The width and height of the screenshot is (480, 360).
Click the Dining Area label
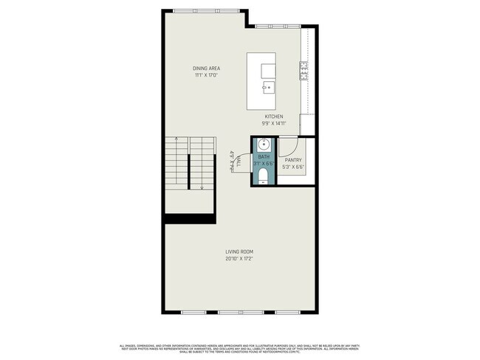(x=208, y=69)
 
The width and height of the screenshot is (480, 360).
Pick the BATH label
(x=264, y=156)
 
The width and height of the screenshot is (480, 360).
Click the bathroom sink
(x=263, y=144)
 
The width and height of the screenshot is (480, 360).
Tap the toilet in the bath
(x=263, y=176)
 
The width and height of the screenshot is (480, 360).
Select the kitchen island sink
(x=267, y=87)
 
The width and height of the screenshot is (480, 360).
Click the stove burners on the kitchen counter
(x=304, y=70)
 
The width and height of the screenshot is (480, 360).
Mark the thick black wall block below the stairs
(x=190, y=218)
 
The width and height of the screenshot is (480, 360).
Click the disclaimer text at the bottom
(x=240, y=347)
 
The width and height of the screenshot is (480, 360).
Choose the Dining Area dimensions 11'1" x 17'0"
(x=208, y=75)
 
